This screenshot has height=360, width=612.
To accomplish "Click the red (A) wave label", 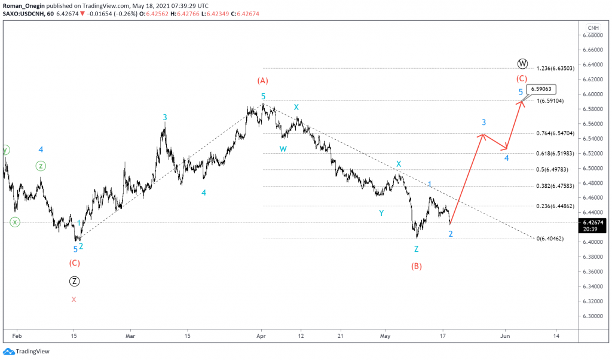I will click(262, 81).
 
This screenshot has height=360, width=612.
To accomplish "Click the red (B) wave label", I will click(417, 266).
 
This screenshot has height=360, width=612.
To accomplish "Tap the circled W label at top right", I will click(522, 63).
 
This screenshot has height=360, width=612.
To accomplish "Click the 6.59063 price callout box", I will click(541, 90).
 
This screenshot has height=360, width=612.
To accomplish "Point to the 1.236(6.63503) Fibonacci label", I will click(555, 68).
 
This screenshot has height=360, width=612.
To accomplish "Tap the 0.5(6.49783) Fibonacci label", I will click(555, 169).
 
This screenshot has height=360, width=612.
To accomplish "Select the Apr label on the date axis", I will click(261, 336).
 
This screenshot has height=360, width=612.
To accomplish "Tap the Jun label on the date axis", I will click(505, 336).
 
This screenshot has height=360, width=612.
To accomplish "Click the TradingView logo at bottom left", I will click(26, 352).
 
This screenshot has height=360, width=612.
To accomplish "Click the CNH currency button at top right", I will click(593, 28).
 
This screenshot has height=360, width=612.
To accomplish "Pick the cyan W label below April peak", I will click(283, 149).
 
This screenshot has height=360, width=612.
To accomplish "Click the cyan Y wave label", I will click(381, 212).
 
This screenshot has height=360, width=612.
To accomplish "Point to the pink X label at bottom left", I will click(74, 300).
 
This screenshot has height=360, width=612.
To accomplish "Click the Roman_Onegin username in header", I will click(23, 5).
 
